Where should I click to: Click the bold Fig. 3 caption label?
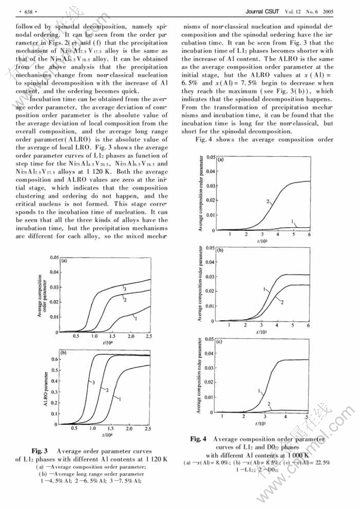(x=40, y=451)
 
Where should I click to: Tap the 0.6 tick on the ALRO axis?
(x=55, y=359)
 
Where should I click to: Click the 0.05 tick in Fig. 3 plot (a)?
(x=53, y=257)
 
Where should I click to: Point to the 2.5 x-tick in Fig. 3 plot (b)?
(x=148, y=428)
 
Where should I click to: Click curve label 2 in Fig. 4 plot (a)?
(x=268, y=202)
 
